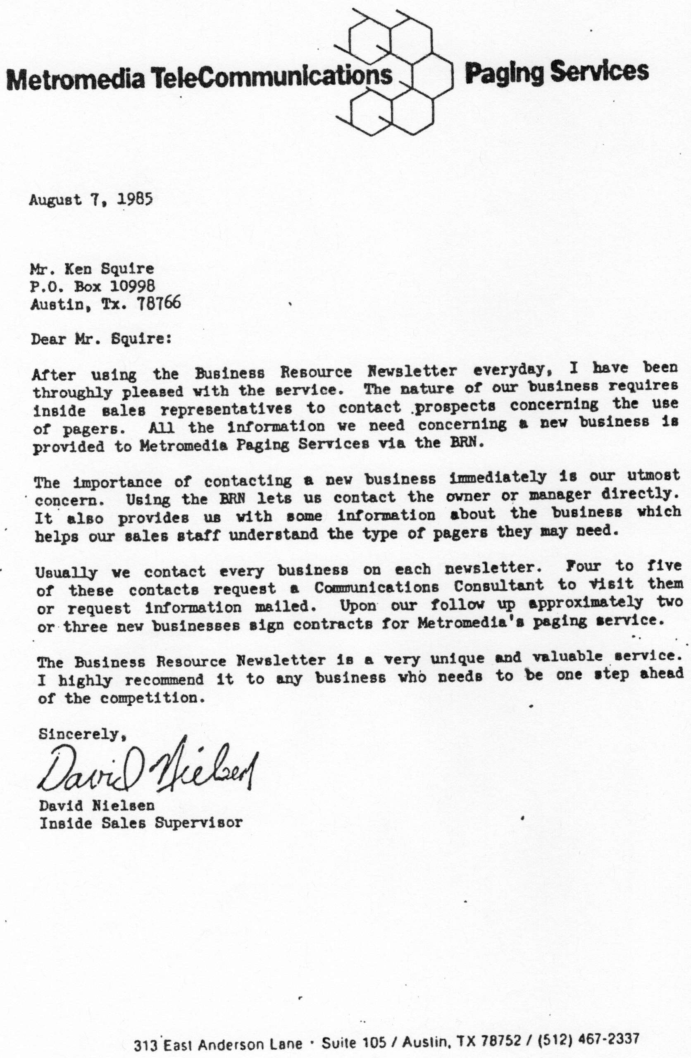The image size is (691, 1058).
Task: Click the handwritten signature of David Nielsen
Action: (147, 770)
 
